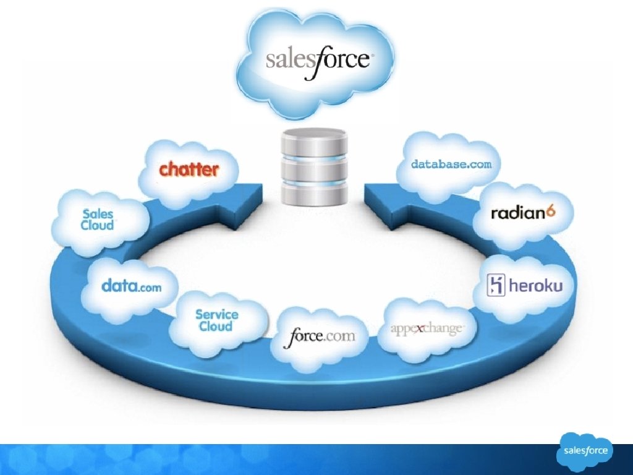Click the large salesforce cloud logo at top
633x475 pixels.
coord(317,60)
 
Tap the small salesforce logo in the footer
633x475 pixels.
coord(585,451)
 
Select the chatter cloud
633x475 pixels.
coord(189,169)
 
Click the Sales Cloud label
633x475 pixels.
coord(98,220)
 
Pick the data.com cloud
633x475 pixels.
coord(131,286)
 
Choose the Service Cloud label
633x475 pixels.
coord(216,320)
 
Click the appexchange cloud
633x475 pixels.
coord(427,328)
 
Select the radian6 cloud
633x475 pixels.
coord(523,213)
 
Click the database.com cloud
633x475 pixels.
coord(451,165)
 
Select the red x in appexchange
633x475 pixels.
coord(419,328)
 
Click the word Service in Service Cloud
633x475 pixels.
coord(216,314)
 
